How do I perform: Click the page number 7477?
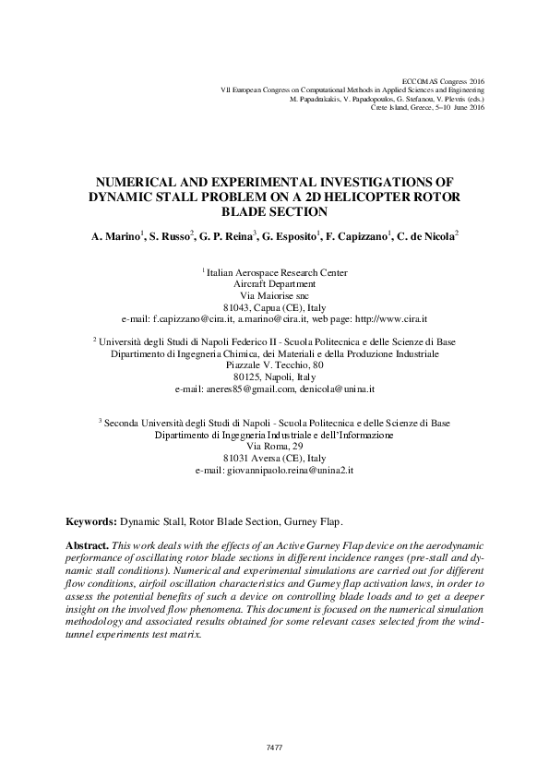tap(274, 747)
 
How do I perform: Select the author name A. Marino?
tap(116, 238)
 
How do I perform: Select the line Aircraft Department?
tap(274, 284)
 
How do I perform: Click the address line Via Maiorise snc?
tap(274, 295)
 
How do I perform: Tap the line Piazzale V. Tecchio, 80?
tap(274, 365)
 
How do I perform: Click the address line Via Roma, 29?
tap(274, 446)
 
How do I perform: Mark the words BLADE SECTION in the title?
tap(274, 211)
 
